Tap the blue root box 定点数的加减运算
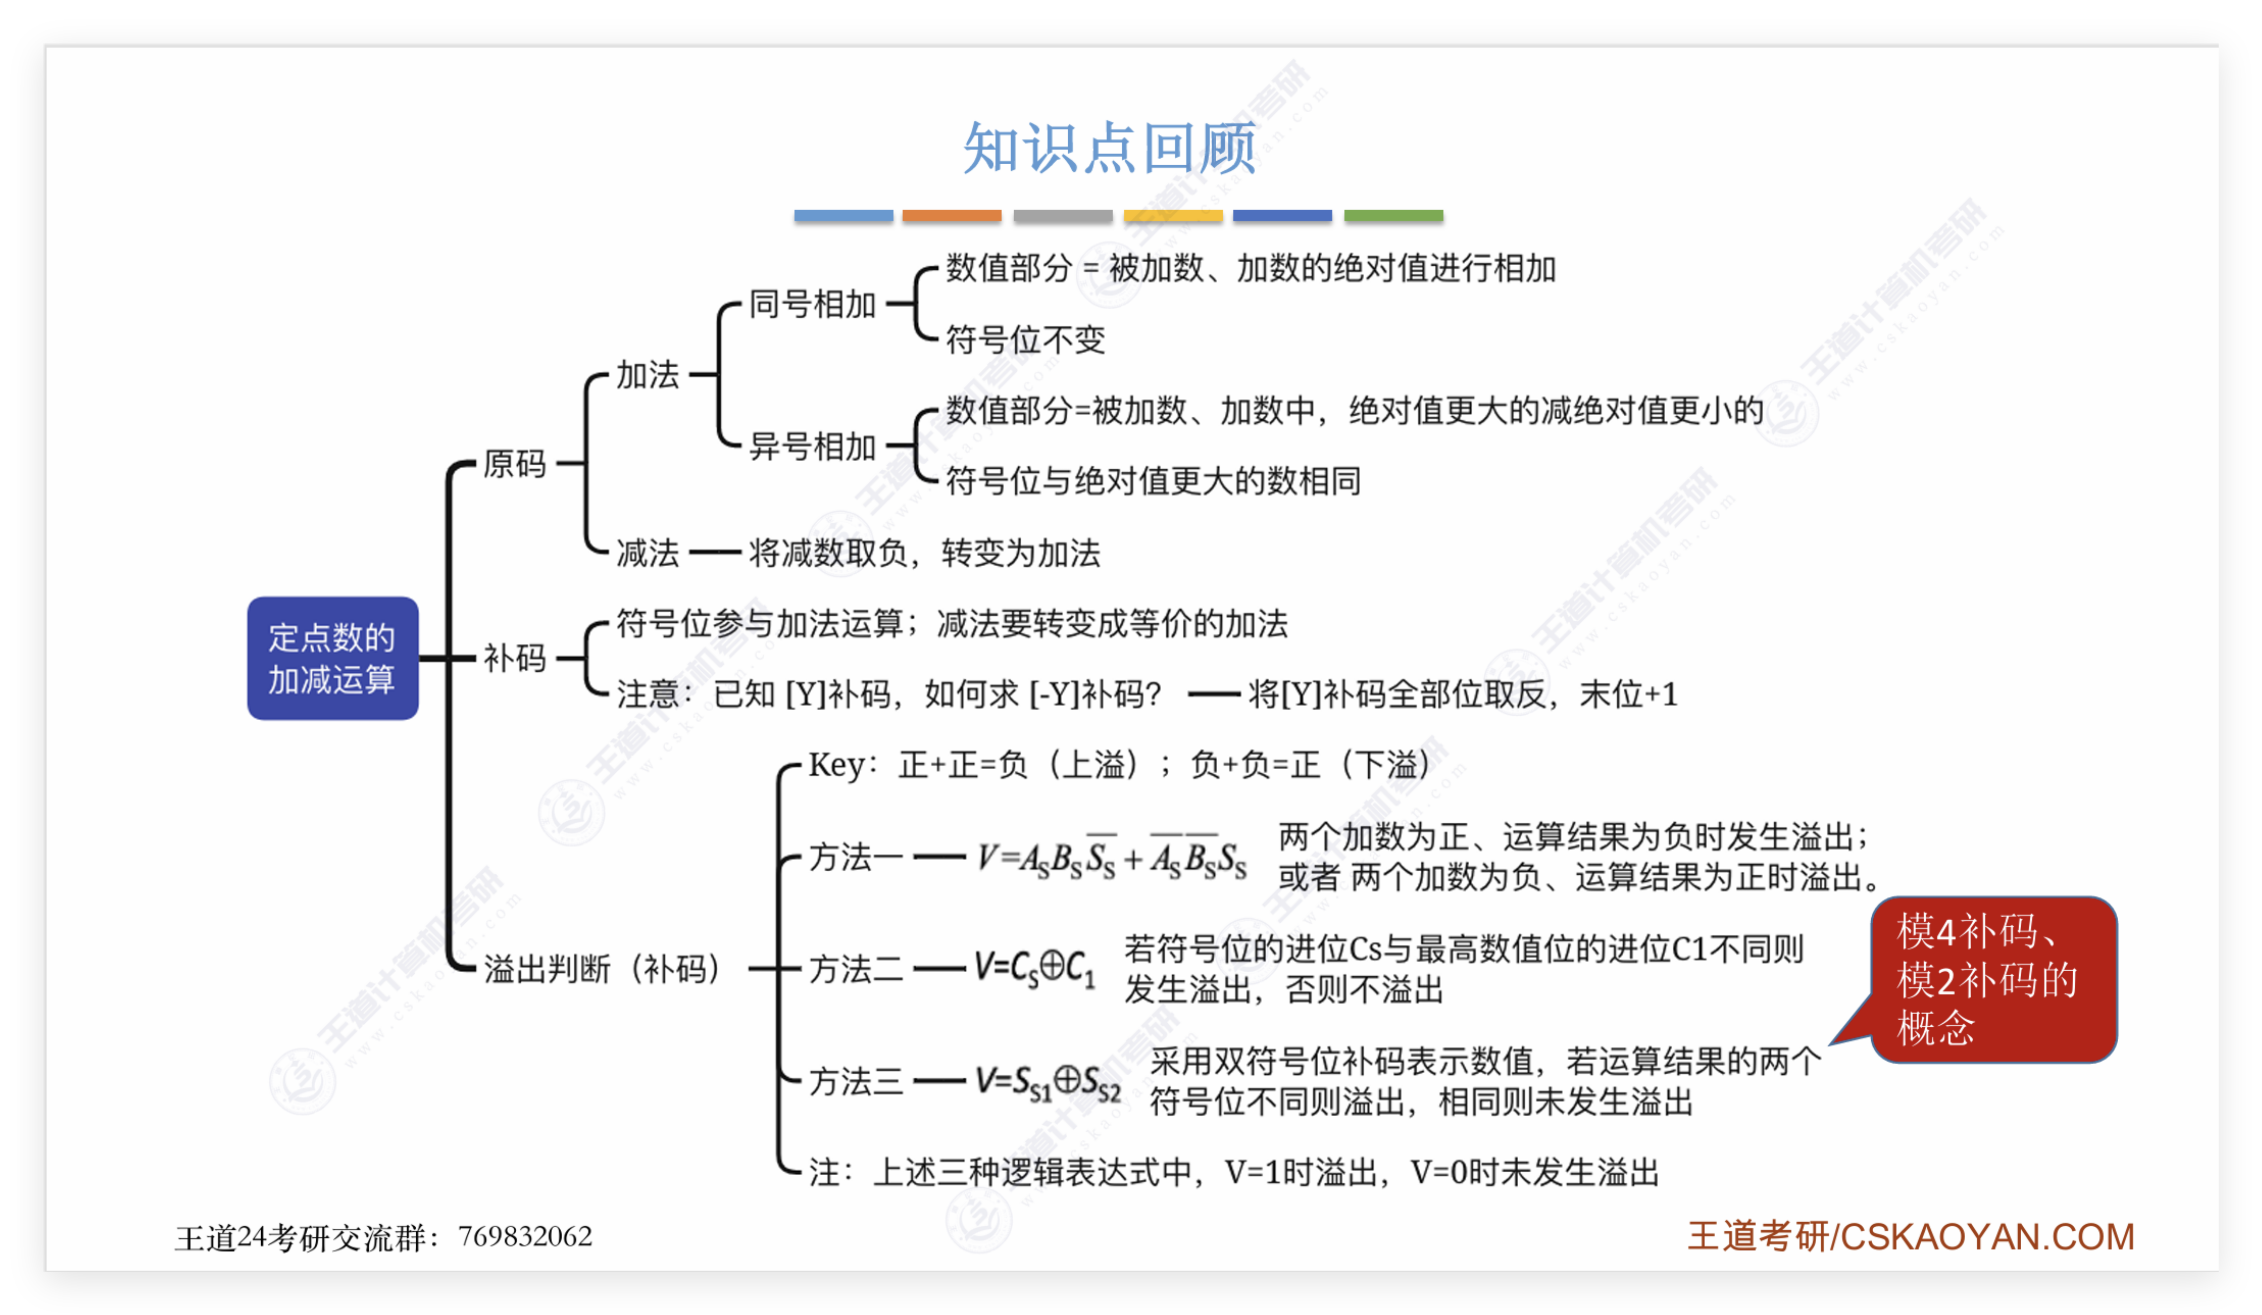point(332,658)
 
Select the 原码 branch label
point(514,464)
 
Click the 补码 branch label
point(514,658)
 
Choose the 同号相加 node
point(812,305)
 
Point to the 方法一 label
point(856,858)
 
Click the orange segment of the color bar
point(951,215)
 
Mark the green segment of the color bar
point(1393,215)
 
